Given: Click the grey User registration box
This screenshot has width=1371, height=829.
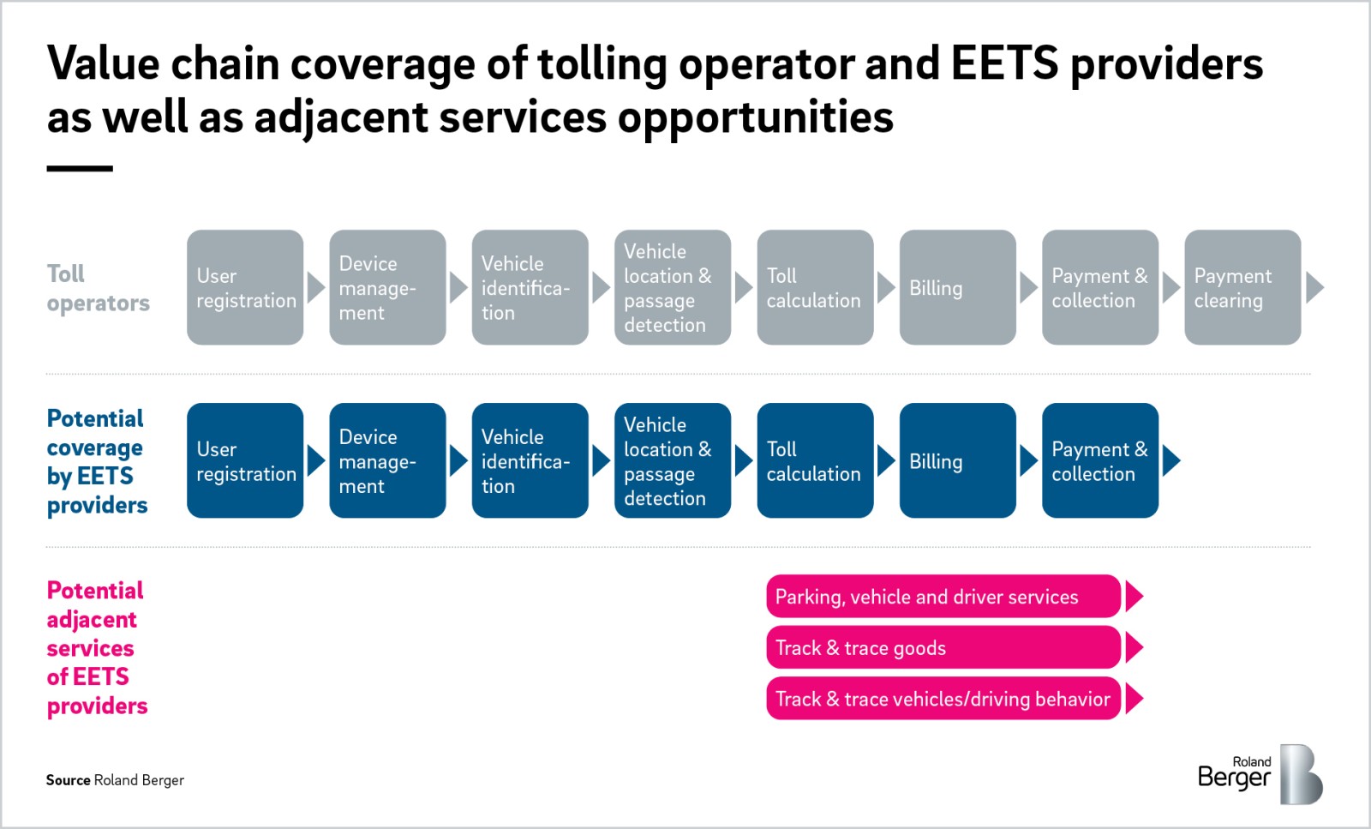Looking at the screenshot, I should tap(245, 287).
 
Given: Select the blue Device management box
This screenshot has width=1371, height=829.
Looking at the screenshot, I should tap(387, 460).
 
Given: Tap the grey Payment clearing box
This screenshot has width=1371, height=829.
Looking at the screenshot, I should tap(1242, 287).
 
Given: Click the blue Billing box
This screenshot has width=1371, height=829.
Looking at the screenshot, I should tap(957, 460).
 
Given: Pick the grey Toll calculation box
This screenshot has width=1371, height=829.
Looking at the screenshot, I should tap(815, 287).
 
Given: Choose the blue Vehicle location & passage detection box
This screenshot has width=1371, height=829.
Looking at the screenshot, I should tap(673, 460).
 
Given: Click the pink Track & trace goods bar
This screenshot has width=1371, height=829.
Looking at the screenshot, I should tap(943, 647).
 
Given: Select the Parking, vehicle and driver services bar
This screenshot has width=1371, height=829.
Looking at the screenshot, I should tap(943, 597).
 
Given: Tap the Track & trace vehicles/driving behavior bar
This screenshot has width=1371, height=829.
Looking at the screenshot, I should tap(943, 699).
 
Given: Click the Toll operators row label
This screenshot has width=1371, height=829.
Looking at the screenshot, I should tap(98, 288).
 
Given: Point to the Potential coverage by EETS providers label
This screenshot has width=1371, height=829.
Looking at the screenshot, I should tap(97, 461).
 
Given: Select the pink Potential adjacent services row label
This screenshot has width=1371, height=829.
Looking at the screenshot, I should tap(97, 648).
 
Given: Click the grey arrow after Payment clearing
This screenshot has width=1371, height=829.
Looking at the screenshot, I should tap(1314, 287).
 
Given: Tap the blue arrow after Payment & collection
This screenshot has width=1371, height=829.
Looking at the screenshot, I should tap(1171, 460).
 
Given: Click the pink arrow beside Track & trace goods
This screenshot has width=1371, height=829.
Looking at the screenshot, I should tap(1135, 647).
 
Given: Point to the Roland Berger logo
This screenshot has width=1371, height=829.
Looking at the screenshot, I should tap(1260, 774).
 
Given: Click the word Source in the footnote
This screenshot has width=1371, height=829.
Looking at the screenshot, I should tap(68, 780).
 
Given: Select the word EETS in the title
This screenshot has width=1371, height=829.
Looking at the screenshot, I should tap(1004, 63).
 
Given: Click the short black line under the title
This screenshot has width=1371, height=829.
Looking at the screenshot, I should tap(80, 169).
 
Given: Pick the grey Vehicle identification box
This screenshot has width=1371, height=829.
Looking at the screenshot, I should tap(530, 287).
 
